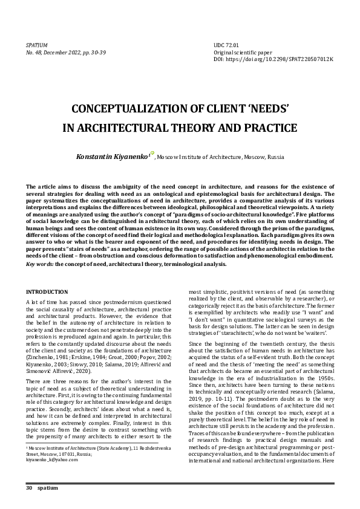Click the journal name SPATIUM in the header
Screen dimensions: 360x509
(37, 45)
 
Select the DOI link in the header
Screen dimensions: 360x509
(273, 60)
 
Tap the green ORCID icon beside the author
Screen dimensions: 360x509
(152, 154)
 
